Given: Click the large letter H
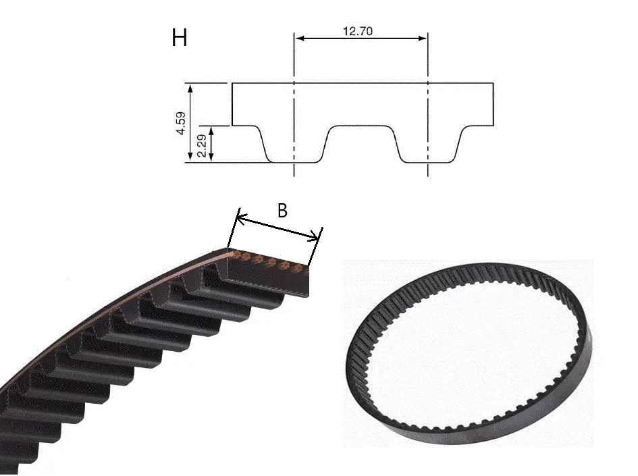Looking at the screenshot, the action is point(180,38).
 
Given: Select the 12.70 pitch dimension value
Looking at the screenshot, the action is point(358,31).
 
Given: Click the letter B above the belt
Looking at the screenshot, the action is point(282,211).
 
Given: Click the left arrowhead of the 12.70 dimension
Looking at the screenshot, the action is point(300,38).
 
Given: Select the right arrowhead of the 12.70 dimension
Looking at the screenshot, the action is point(422,38).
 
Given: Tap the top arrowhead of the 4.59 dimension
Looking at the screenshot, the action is point(190,88).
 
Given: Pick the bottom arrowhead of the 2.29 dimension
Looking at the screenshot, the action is point(211,157).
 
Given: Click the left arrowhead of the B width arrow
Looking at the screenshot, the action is point(242,219).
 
